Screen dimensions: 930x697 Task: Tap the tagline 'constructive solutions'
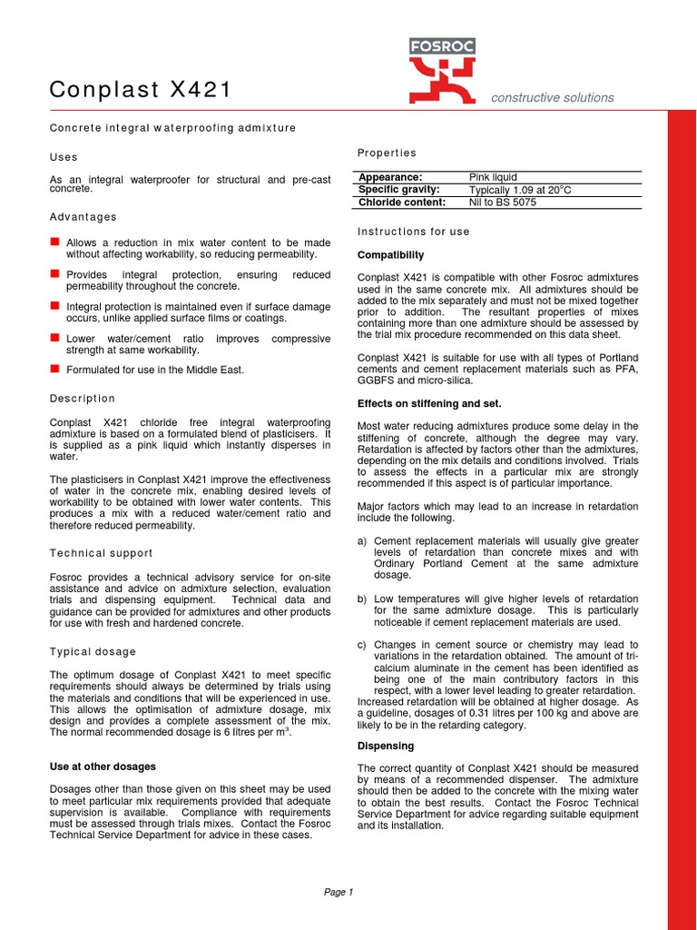[552, 98]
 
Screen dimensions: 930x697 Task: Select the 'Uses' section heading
[64, 157]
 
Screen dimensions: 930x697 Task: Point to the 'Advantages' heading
[83, 217]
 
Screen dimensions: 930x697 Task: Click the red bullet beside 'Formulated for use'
[54, 369]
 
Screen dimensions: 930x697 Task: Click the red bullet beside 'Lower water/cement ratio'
[54, 338]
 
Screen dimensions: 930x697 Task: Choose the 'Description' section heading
[82, 399]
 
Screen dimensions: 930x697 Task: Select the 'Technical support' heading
[101, 553]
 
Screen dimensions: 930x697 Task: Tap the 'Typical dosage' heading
[93, 652]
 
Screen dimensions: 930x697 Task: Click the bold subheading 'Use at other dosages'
[103, 767]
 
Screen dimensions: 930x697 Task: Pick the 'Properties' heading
[387, 153]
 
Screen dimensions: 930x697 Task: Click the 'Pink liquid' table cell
[493, 177]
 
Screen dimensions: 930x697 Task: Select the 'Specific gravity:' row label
[399, 190]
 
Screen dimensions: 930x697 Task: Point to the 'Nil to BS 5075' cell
[502, 203]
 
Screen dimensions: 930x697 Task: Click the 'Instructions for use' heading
[413, 232]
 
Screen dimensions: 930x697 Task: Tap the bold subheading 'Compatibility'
[390, 255]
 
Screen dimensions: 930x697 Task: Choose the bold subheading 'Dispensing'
[386, 746]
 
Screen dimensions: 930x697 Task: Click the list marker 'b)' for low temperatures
[362, 599]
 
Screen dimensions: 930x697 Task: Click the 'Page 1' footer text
[339, 892]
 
